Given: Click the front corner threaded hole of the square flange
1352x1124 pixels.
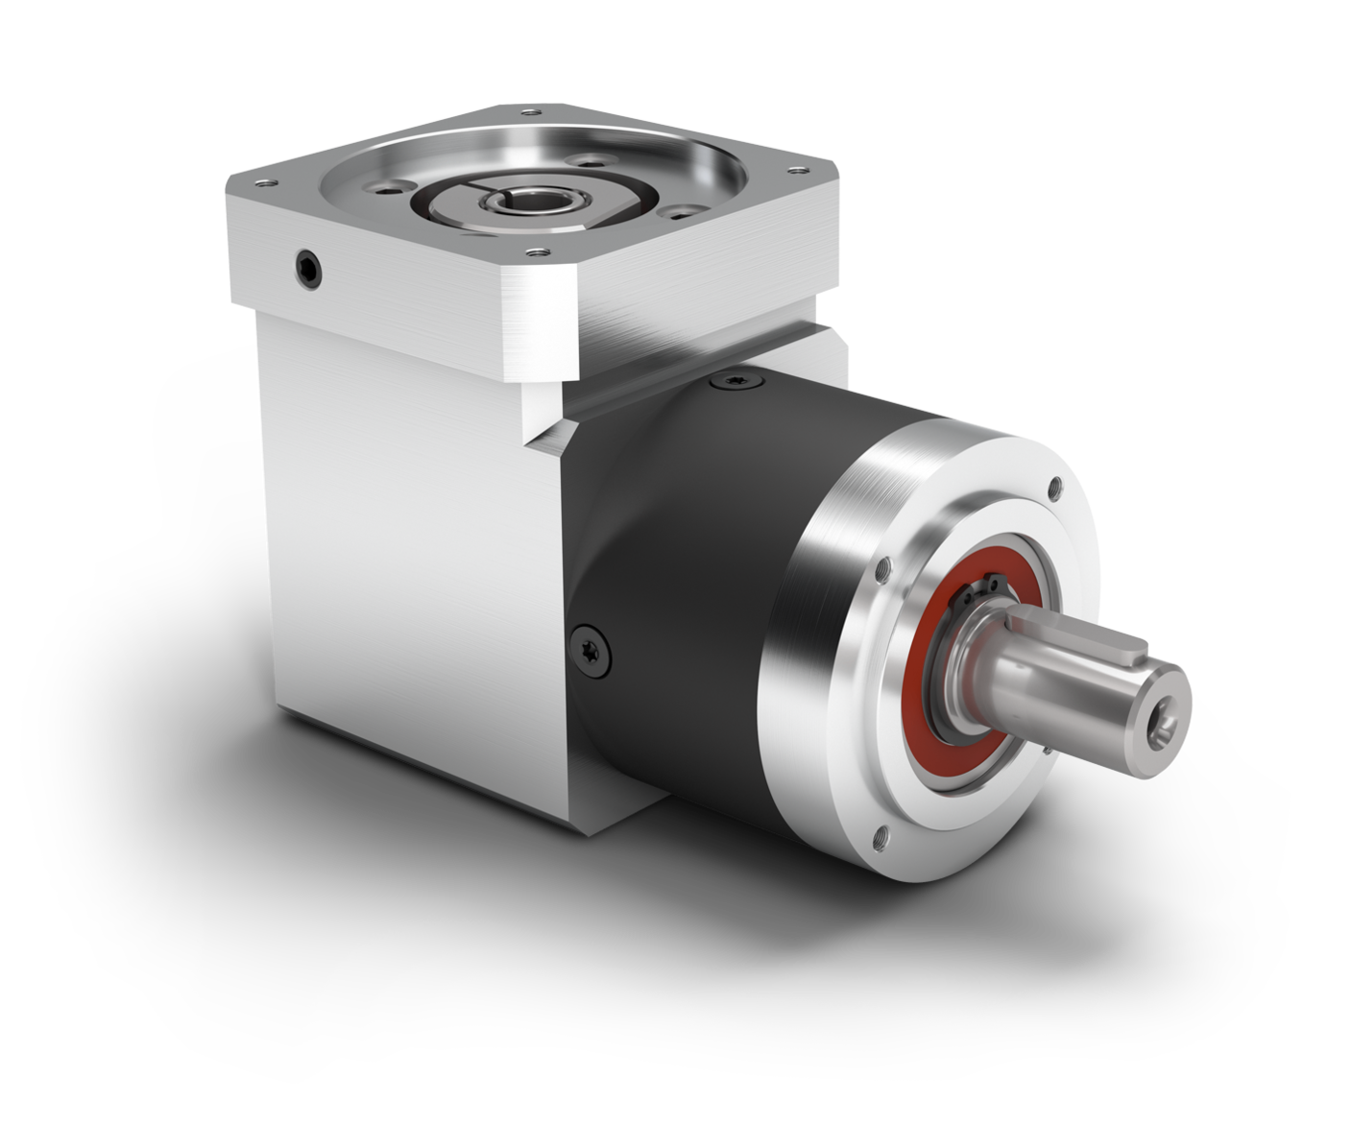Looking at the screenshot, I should click(x=533, y=253).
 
